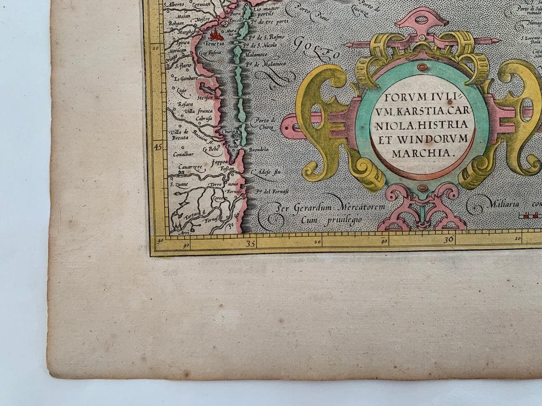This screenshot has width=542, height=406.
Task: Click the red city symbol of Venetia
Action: pyautogui.click(x=216, y=36)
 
